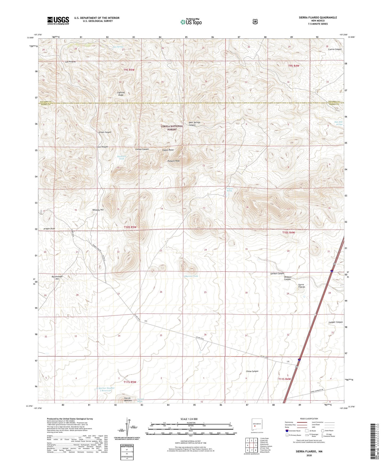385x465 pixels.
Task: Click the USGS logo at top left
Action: point(58,21)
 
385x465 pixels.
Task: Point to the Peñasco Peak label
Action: point(173,161)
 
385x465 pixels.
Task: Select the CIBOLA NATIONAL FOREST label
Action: point(172,128)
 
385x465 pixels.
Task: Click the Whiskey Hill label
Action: point(98,210)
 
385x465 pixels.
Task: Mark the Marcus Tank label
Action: point(191,276)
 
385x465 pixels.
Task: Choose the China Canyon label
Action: point(252,371)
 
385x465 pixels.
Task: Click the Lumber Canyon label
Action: point(335,322)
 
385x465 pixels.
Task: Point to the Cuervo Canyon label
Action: point(335,49)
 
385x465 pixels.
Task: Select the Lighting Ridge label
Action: point(121,94)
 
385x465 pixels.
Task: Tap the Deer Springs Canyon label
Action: point(194,124)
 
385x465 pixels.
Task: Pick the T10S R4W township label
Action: point(289,232)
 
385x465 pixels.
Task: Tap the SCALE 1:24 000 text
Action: point(189,419)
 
